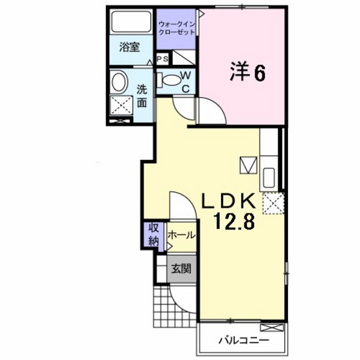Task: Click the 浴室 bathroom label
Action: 130,47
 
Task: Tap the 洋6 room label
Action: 246,73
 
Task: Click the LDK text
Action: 230,201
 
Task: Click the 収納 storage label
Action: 154,235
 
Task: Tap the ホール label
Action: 181,236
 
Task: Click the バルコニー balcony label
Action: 242,339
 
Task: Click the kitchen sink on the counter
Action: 269,176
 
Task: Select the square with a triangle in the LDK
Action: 248,165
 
